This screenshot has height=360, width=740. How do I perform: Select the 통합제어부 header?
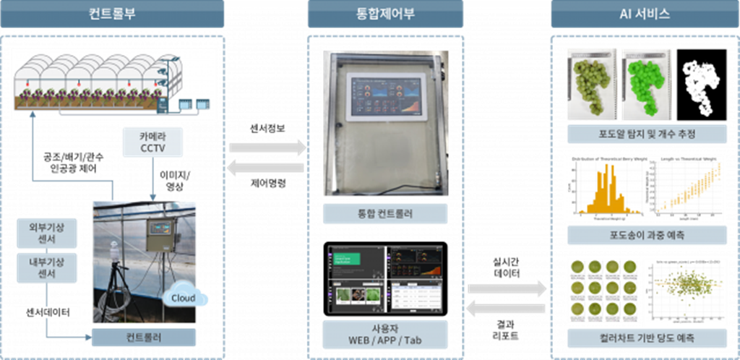pyautogui.click(x=385, y=14)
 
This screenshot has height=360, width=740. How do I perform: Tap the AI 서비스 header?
pyautogui.click(x=645, y=14)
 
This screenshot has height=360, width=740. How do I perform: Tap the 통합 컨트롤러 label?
pyautogui.click(x=385, y=213)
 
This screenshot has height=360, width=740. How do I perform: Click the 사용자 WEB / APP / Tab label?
pyautogui.click(x=385, y=335)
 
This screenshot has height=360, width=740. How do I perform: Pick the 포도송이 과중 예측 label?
pyautogui.click(x=645, y=235)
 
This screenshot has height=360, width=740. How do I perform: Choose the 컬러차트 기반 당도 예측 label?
pyautogui.click(x=645, y=338)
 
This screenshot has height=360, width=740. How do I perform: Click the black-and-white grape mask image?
pyautogui.click(x=701, y=82)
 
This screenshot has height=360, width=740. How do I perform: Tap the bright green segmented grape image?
pyautogui.click(x=645, y=82)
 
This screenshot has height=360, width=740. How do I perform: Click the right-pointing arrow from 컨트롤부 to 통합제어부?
pyautogui.click(x=267, y=148)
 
